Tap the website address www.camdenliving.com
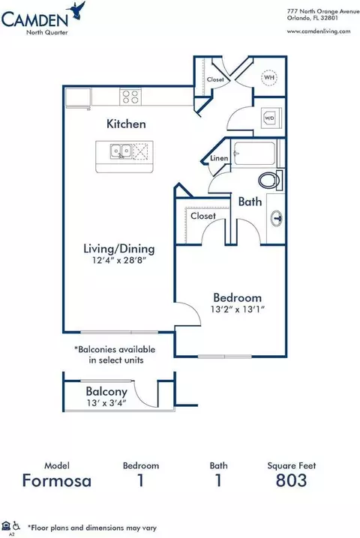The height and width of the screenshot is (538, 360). (x=319, y=31)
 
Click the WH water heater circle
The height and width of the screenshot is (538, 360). (x=269, y=77)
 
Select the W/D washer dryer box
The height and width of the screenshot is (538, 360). (x=271, y=118)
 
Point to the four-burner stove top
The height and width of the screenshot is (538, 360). (x=130, y=97)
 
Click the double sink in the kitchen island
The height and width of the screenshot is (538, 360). (x=121, y=151)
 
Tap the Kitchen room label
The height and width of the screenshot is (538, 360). (x=126, y=124)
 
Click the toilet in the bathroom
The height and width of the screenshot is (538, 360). (x=270, y=180)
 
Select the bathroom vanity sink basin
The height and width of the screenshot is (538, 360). (x=277, y=218)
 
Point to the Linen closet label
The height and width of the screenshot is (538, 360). (x=219, y=158)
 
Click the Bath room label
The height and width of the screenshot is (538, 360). (x=250, y=202)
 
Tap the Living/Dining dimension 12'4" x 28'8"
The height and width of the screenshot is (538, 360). (x=119, y=261)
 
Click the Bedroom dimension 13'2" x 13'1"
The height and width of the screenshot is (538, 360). (x=237, y=309)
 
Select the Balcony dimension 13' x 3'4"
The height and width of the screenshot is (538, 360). (x=106, y=403)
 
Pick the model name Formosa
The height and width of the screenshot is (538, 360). (x=57, y=481)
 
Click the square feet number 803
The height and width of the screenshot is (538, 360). (x=291, y=480)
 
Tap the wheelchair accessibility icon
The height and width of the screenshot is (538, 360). (x=16, y=526)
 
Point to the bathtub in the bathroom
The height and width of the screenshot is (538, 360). (x=254, y=154)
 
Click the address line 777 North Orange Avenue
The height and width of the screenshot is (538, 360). (x=323, y=11)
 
